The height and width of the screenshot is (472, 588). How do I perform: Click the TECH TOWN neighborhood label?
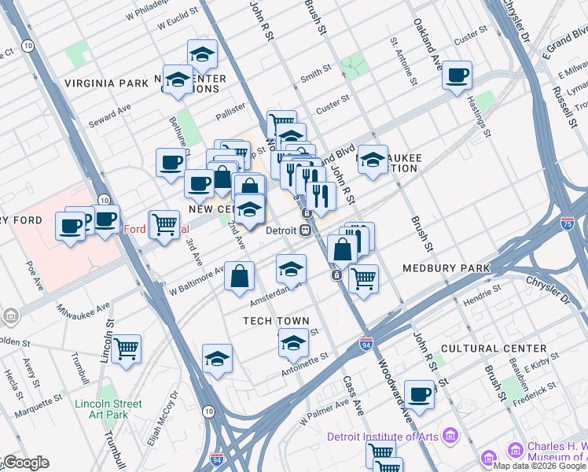point(274,321)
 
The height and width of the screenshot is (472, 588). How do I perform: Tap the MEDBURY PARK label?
point(446,268)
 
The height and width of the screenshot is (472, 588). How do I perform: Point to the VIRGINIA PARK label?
point(106,83)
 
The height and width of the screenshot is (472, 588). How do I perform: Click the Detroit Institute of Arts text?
point(384,437)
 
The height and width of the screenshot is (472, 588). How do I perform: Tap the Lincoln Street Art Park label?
point(108,409)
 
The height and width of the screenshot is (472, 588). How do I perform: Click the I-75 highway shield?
point(567,224)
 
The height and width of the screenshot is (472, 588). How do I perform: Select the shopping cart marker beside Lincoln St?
point(126,348)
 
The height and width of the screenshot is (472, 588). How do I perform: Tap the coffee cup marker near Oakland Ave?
point(457,76)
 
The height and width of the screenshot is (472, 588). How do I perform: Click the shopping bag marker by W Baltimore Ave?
point(239,276)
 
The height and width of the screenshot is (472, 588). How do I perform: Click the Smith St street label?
point(315,74)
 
